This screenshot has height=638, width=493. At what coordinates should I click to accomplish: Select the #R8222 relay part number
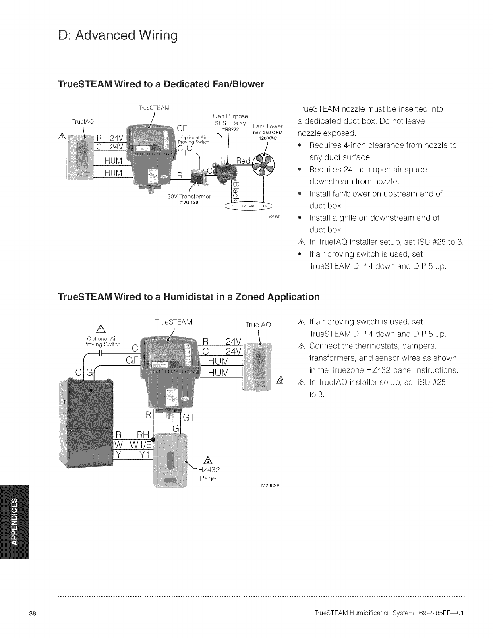pos(231,129)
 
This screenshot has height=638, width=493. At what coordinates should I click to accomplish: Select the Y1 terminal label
pos(143,454)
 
